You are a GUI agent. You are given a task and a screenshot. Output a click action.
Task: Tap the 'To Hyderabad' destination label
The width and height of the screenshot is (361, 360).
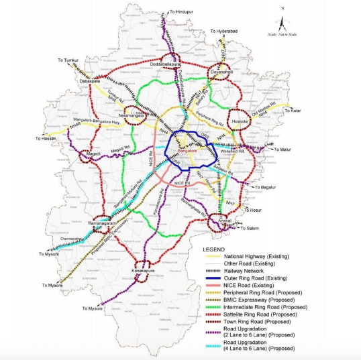click(x=225, y=31)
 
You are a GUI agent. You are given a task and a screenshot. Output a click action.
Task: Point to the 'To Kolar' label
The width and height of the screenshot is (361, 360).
click(x=293, y=111)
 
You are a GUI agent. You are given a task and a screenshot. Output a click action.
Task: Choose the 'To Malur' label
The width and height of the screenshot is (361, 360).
click(x=284, y=151)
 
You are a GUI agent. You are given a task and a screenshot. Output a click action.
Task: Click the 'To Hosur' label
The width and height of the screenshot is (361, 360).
click(x=253, y=210)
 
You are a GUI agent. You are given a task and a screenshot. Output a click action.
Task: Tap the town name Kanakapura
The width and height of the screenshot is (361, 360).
click(x=144, y=271)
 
